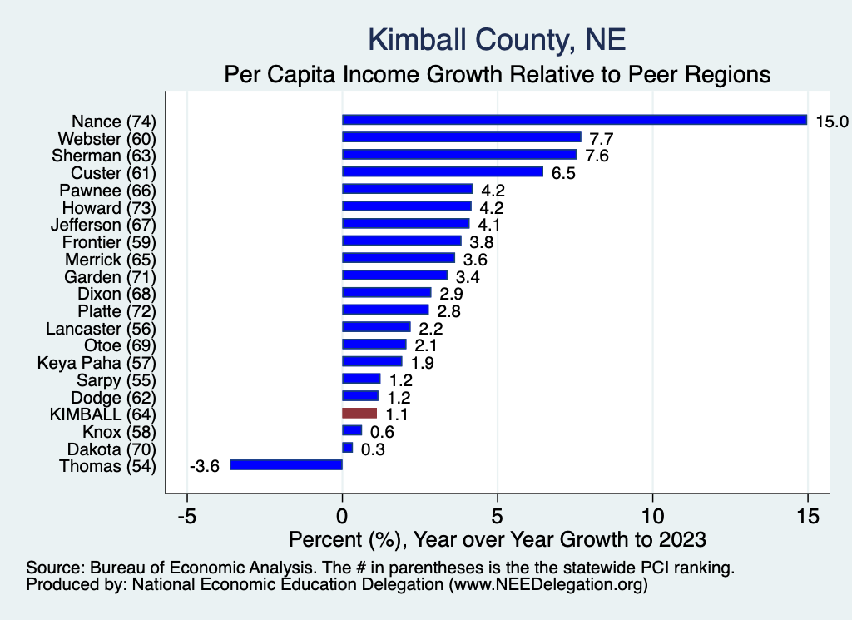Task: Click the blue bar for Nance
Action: [574, 120]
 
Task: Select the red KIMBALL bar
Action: [359, 413]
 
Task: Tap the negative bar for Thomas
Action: [286, 465]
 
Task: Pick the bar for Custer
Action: [443, 172]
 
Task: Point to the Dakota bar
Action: [347, 448]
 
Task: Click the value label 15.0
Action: [831, 122]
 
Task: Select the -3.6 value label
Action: [204, 466]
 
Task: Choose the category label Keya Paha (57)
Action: [97, 362]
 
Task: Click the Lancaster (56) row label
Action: [101, 328]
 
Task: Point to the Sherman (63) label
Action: [104, 155]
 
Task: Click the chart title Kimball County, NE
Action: [496, 39]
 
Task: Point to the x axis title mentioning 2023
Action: [496, 538]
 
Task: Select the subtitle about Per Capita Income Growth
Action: [498, 74]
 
